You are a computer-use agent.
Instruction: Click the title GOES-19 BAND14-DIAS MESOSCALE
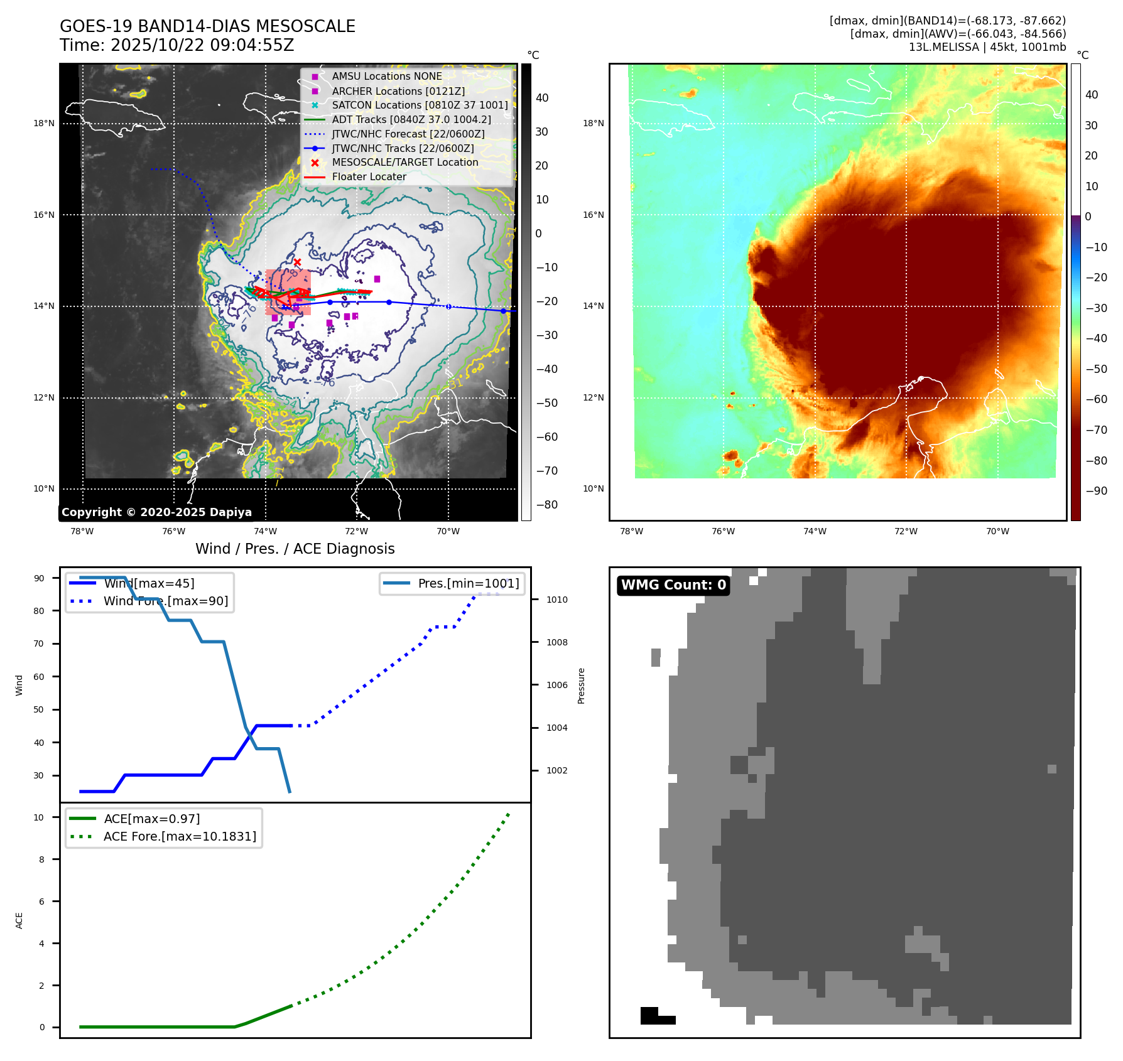207,26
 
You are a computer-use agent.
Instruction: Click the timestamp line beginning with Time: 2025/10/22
176,45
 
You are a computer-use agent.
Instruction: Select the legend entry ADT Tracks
411,119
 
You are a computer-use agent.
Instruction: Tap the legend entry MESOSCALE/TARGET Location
404,162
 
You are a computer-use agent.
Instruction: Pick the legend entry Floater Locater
369,176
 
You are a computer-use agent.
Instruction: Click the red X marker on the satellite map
297,262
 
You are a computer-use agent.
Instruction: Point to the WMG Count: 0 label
673,585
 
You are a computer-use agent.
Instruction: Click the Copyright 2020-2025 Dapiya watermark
156,512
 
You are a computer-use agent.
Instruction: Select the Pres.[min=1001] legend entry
468,583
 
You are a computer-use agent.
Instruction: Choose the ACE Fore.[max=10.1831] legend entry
180,836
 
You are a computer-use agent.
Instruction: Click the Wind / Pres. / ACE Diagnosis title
295,549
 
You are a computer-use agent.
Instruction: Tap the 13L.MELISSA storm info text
987,47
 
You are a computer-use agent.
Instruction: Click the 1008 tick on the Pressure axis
556,642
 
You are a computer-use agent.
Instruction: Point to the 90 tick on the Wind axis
39,578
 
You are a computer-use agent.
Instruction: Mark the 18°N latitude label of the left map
44,123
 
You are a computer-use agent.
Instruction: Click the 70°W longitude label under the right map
997,531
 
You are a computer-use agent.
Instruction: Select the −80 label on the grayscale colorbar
546,505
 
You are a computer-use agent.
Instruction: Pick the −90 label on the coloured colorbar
1096,491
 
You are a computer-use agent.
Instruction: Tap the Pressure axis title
581,686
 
